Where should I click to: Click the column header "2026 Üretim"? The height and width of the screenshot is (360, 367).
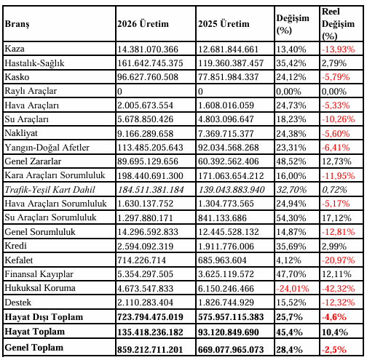pos(143,24)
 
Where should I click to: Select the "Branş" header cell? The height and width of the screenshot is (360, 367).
pos(17,24)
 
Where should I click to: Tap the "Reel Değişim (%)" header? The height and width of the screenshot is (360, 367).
pos(338,24)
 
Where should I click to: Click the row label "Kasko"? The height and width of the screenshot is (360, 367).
pos(17,77)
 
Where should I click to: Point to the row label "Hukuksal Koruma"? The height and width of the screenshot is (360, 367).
pos(40,288)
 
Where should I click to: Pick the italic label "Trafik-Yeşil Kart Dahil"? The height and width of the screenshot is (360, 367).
pos(50,190)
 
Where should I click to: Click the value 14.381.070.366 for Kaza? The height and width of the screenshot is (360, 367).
pos(148,49)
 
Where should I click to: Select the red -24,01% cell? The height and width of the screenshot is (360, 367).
pos(293,289)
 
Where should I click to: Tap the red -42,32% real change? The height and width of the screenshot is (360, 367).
pos(338,289)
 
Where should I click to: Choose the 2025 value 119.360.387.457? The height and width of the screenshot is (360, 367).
pos(231,63)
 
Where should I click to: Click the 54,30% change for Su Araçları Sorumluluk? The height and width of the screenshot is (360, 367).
pos(291,218)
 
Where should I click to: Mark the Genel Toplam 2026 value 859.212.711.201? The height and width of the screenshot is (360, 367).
pos(150,350)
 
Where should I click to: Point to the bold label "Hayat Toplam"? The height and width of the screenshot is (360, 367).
pos(35,332)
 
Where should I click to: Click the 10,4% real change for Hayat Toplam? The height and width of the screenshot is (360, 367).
pos(335,332)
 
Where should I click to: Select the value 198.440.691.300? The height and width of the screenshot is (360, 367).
pos(150,176)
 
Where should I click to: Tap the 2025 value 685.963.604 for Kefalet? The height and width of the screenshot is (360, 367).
pos(222,260)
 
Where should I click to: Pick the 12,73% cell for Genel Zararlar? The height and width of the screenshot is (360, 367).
pos(336,161)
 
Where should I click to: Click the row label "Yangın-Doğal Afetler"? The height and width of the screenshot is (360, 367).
pos(47,148)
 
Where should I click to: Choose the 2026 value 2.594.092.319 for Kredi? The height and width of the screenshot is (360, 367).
pos(146,247)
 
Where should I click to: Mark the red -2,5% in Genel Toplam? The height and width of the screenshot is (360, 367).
pos(334,350)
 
